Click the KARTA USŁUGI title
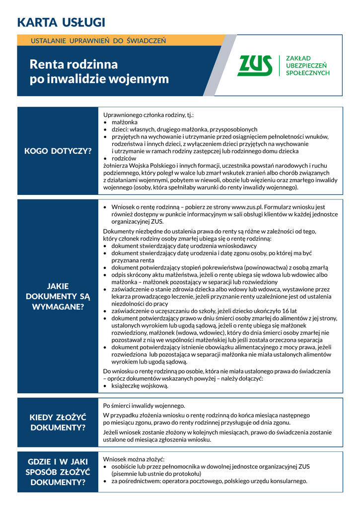pyautogui.click(x=61, y=22)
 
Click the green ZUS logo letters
pyautogui.click(x=255, y=65)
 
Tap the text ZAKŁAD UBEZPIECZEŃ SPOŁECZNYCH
pyautogui.click(x=307, y=65)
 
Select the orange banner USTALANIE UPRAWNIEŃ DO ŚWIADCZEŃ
pyautogui.click(x=98, y=40)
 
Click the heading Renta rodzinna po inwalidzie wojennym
pyautogui.click(x=99, y=71)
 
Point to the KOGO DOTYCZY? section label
pyautogui.click(x=58, y=151)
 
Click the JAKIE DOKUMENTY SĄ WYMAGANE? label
pyautogui.click(x=58, y=296)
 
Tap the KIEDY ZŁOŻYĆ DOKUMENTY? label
pyautogui.click(x=58, y=422)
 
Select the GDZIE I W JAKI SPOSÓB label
pyautogui.click(x=58, y=471)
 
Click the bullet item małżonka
pyautogui.click(x=124, y=122)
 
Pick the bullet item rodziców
pyautogui.click(x=124, y=158)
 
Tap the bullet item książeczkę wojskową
pyautogui.click(x=140, y=385)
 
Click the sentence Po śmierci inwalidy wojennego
pyautogui.click(x=144, y=406)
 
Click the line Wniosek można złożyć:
pyautogui.click(x=134, y=459)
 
